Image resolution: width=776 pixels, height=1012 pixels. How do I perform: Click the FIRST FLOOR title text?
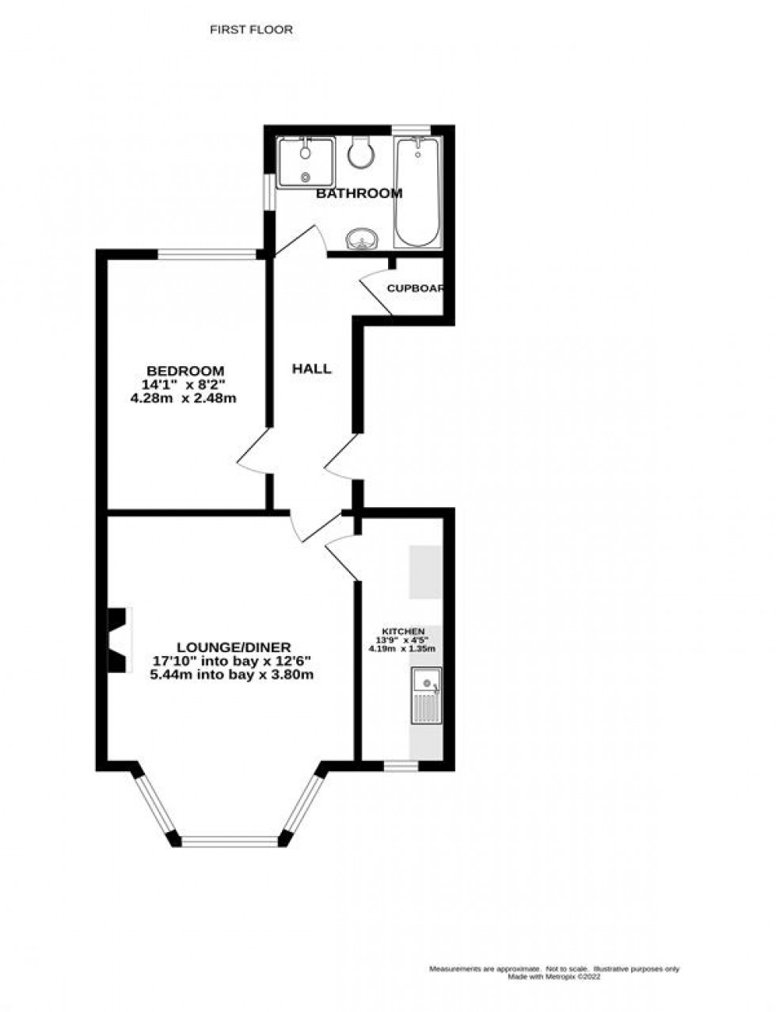click(x=251, y=30)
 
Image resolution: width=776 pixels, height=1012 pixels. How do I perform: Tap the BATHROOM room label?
click(x=359, y=193)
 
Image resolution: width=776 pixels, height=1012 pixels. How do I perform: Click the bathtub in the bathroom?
click(x=417, y=192)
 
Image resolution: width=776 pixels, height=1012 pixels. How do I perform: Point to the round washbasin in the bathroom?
click(x=363, y=239)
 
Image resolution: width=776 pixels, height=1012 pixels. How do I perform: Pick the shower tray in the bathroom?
click(x=306, y=162)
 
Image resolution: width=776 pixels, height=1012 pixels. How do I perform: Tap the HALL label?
click(x=312, y=369)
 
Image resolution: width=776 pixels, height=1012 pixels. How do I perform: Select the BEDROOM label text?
click(x=185, y=371)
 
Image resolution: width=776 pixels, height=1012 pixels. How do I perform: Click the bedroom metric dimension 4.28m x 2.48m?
click(x=183, y=399)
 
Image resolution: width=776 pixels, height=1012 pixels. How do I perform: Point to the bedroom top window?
click(x=207, y=254)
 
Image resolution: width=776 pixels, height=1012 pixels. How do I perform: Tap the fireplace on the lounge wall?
click(x=117, y=640)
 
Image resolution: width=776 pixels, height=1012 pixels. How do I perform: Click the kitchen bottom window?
click(x=401, y=766)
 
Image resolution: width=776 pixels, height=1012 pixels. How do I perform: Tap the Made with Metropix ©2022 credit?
click(x=554, y=976)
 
